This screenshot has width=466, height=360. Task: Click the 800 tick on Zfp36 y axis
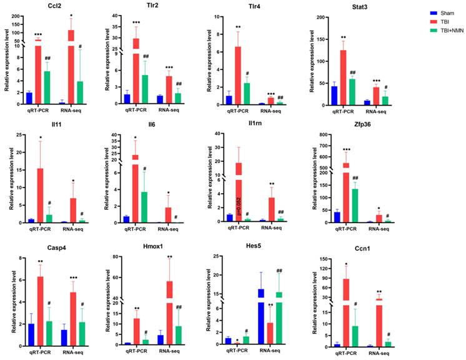click(324, 134)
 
